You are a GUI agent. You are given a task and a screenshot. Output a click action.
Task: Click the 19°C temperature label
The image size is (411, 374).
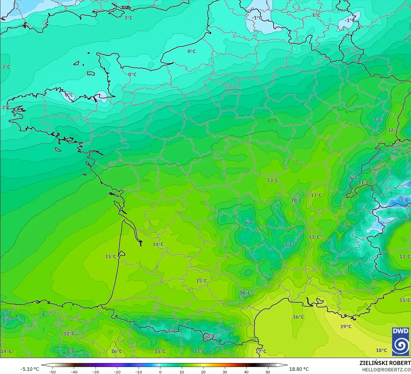[346, 327]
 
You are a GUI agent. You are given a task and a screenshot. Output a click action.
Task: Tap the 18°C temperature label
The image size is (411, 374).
[381, 350]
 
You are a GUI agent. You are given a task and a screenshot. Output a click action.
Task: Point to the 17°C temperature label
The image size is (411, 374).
[261, 351]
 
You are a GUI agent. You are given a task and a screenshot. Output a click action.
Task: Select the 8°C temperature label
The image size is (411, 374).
[71, 351]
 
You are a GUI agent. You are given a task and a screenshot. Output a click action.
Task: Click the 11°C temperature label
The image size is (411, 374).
[364, 183]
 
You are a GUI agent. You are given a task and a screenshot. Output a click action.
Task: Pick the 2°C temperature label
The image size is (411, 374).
[6, 108]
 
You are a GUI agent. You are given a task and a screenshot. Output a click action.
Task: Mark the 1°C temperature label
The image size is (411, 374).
[316, 15]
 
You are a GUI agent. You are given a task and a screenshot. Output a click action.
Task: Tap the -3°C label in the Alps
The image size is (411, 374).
[403, 200]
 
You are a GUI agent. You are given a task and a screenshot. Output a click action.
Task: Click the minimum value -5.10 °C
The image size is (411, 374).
[30, 369]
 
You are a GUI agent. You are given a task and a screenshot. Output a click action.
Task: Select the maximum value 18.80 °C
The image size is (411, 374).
[299, 369]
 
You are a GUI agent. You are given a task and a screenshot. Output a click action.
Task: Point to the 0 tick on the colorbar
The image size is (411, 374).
[160, 372]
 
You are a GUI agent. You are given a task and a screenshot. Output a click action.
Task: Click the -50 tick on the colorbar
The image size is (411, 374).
[52, 372]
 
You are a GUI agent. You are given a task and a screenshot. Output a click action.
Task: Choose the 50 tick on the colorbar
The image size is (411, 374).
[268, 372]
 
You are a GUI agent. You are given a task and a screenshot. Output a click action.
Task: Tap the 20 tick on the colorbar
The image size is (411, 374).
[203, 372]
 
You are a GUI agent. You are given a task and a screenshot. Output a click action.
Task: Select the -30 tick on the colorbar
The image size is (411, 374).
[96, 372]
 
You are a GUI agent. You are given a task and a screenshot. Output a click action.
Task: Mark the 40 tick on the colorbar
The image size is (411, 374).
[246, 372]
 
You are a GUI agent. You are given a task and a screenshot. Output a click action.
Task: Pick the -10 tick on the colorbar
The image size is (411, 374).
[139, 372]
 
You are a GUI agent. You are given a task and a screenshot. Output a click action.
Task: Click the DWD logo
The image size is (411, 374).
[401, 341]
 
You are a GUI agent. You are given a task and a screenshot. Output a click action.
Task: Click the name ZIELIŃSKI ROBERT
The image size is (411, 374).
[385, 363]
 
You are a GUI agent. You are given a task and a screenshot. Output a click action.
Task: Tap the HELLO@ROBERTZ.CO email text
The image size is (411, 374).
[386, 370]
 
